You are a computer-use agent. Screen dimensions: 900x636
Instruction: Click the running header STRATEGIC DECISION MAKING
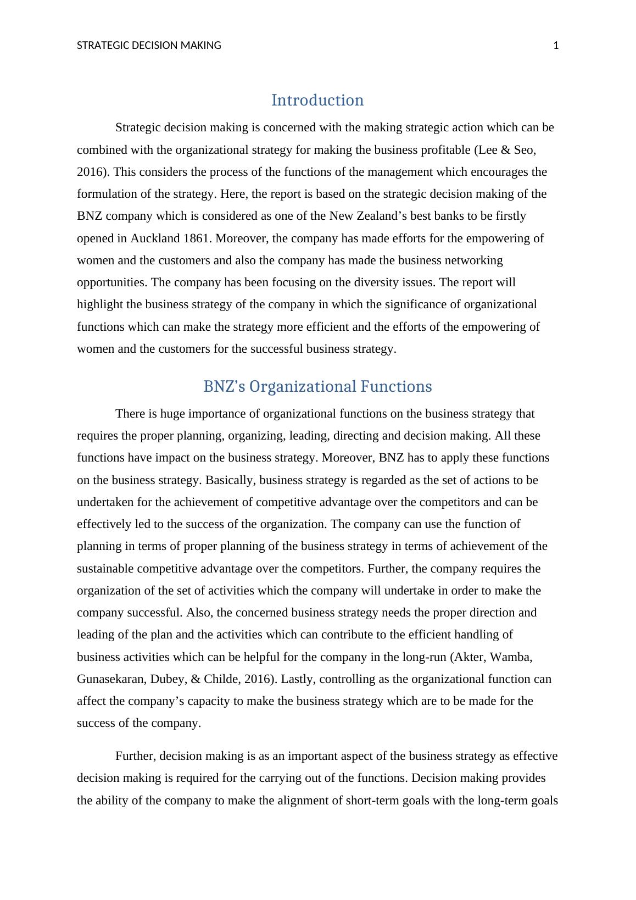coord(149,46)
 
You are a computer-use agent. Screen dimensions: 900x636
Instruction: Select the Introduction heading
coord(317,100)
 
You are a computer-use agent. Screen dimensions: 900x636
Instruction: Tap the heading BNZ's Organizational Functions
coord(317,386)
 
